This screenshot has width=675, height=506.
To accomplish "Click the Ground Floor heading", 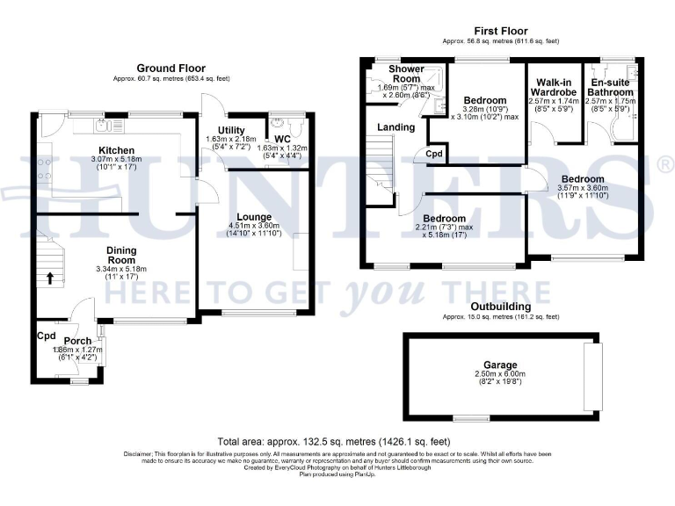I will [171, 68].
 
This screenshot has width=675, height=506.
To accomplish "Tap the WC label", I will [281, 138].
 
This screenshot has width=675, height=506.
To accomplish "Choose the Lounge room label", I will [254, 216].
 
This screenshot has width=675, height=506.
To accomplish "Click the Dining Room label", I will [121, 256].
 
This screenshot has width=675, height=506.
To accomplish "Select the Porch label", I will [77, 341].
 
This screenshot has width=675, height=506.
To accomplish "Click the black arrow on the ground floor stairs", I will [49, 279].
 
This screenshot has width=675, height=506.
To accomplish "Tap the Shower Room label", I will [406, 74].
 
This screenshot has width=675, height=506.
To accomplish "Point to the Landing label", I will [396, 127].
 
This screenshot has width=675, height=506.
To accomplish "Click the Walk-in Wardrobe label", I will [555, 87].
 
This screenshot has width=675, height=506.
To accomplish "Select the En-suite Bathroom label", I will [611, 87].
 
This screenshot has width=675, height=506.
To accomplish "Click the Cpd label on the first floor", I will [434, 153].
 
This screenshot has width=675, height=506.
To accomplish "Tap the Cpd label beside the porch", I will [46, 336].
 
